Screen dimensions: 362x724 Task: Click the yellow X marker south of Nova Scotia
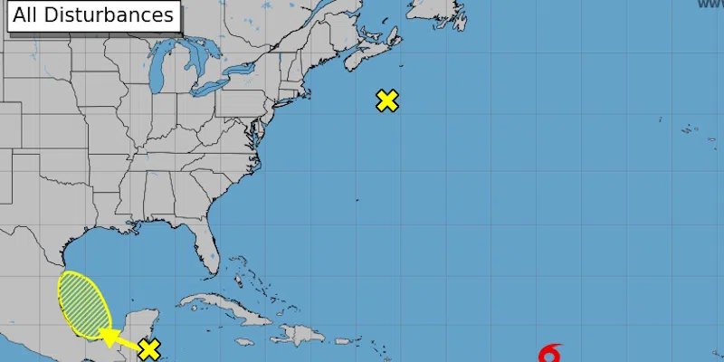387,100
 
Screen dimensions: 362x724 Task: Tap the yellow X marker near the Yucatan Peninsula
149,349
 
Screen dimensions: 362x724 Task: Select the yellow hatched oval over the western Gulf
82,303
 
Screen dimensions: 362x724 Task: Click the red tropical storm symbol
549,354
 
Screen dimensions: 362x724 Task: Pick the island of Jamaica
243,342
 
